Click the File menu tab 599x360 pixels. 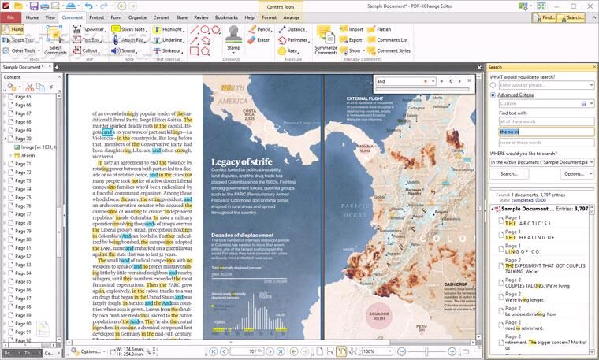pos(11,17)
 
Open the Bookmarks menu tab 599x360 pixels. pos(226,17)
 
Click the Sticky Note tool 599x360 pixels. pos(128,28)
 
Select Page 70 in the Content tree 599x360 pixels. pos(24,139)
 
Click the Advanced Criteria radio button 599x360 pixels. pos(493,95)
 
